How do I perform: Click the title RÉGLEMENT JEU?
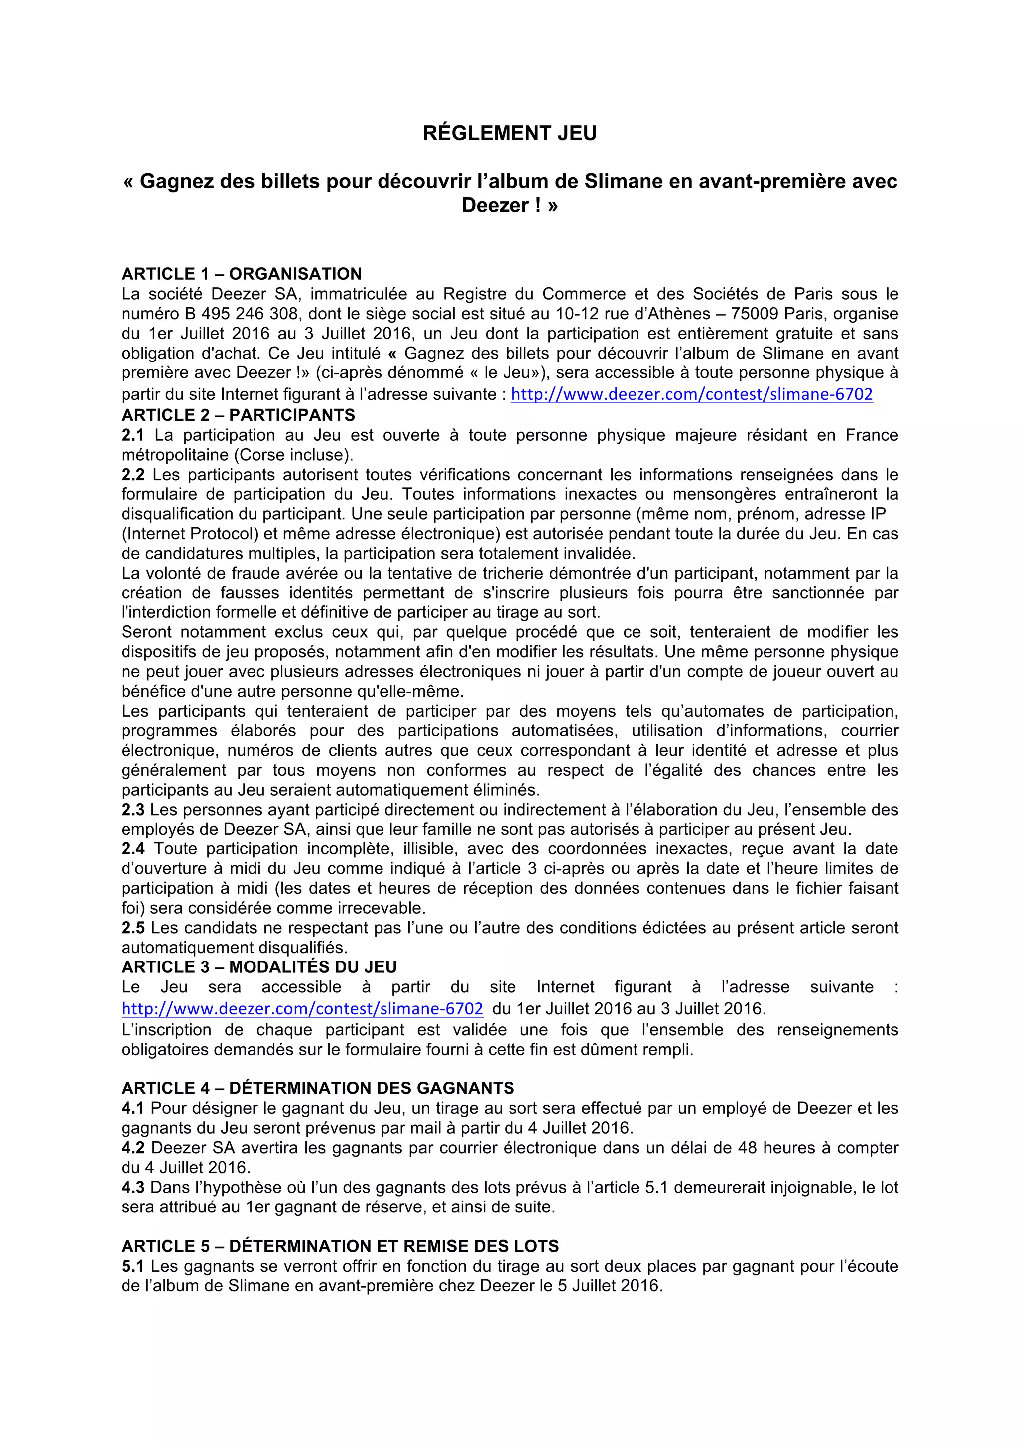(510, 133)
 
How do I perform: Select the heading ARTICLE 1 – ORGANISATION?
(242, 274)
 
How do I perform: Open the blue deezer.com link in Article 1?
(692, 395)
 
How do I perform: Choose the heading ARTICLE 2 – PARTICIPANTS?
(238, 415)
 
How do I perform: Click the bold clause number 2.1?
(132, 435)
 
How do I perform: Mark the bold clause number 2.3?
(132, 810)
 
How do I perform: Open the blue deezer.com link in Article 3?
(302, 1009)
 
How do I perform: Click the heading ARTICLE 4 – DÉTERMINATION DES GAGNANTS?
(317, 1088)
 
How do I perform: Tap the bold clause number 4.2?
(132, 1148)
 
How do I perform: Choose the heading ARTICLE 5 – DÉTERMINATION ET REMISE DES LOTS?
(340, 1246)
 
